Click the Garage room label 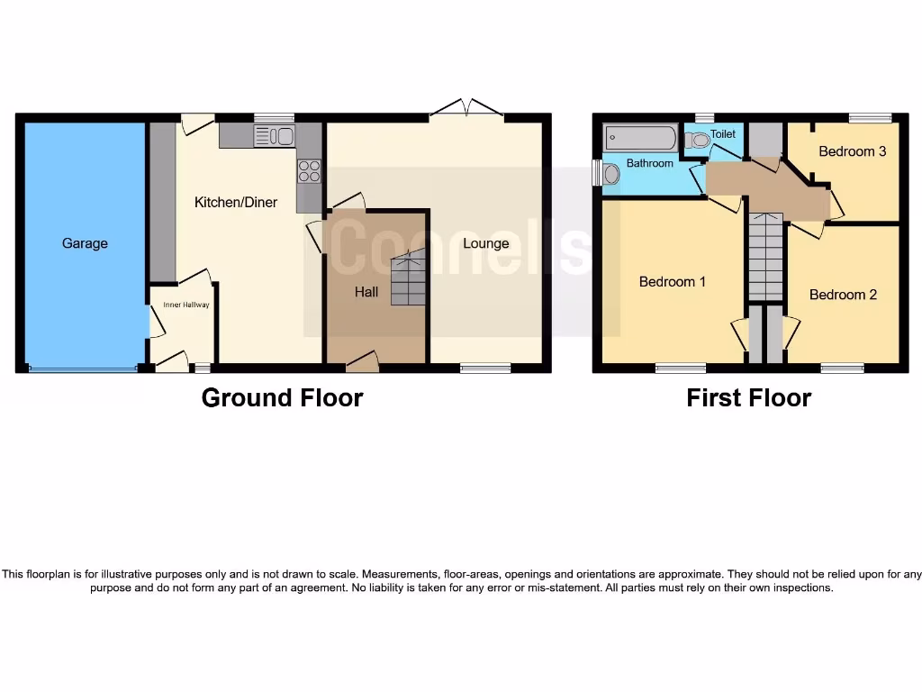[85, 243]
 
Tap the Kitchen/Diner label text [236, 203]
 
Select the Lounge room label [485, 243]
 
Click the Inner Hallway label [185, 305]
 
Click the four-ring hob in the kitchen [309, 170]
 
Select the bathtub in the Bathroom [640, 139]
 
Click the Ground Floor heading [282, 397]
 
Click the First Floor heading [748, 397]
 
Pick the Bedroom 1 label [672, 282]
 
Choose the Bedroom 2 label [843, 295]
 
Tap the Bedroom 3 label [852, 151]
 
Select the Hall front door [362, 362]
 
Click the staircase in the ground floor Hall [408, 279]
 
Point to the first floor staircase [765, 261]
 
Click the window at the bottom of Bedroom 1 [680, 368]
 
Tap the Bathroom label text [649, 163]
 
